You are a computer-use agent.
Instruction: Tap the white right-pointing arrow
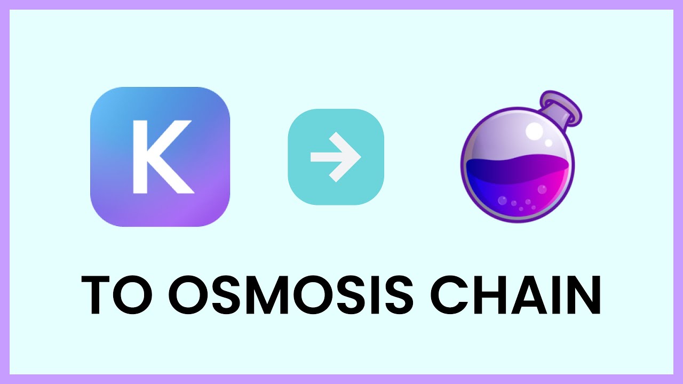click(x=336, y=157)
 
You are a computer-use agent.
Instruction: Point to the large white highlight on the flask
click(x=535, y=131)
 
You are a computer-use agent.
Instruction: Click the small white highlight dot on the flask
click(x=549, y=142)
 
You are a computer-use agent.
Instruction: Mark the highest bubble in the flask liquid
click(x=542, y=189)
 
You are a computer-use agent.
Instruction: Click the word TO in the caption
click(x=117, y=294)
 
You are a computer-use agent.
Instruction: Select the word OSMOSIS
click(x=291, y=294)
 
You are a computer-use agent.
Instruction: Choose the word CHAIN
click(x=515, y=294)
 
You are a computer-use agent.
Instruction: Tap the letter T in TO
click(x=96, y=295)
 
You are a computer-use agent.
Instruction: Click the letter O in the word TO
click(x=133, y=294)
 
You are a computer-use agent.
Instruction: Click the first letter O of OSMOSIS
click(x=188, y=294)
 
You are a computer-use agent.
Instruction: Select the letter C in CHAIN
click(x=448, y=294)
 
